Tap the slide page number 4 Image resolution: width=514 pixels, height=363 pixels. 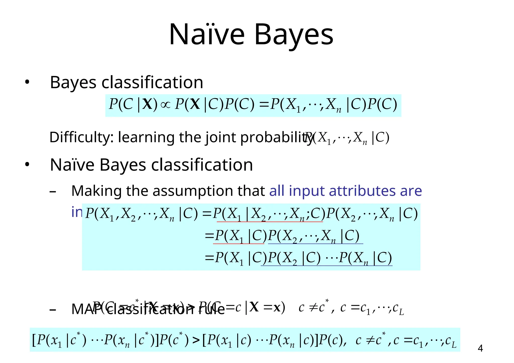[480, 348]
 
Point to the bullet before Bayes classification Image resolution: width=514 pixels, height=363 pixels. [27, 82]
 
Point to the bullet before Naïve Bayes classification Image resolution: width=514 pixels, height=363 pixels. [27, 165]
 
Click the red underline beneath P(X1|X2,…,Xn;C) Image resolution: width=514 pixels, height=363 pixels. [270, 222]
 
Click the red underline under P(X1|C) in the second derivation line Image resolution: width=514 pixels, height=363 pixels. [239, 244]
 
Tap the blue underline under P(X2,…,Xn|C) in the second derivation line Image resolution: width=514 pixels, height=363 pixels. [315, 244]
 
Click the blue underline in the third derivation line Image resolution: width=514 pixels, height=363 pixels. [326, 265]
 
